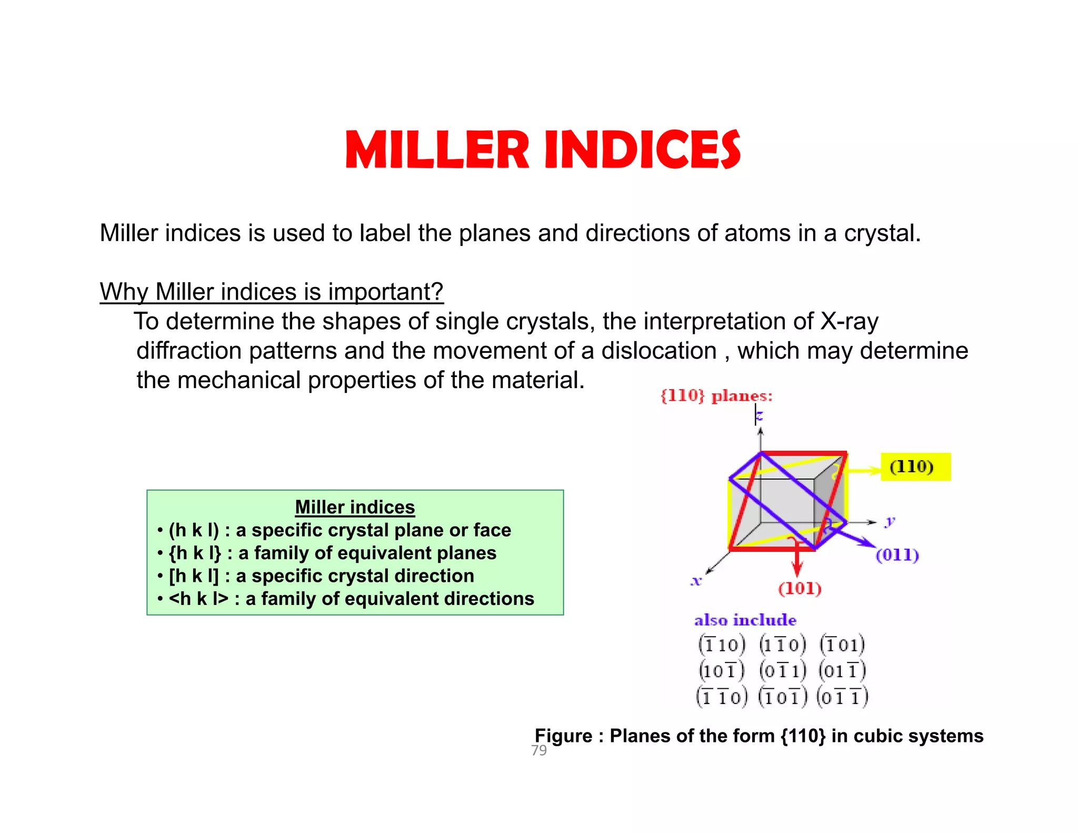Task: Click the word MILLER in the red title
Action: coord(436,150)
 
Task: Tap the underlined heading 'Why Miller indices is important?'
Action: coord(272,292)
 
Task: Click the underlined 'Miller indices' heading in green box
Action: coord(355,507)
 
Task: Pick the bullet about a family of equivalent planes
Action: coord(332,553)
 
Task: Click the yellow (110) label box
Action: coord(915,467)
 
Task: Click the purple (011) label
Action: coord(897,555)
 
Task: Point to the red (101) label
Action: coord(800,588)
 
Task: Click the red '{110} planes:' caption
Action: coord(716,396)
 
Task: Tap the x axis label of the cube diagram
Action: coord(696,581)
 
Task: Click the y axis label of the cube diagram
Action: coord(890,521)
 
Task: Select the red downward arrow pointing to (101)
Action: coord(797,561)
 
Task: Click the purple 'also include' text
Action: coord(745,620)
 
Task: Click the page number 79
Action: coord(539,750)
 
